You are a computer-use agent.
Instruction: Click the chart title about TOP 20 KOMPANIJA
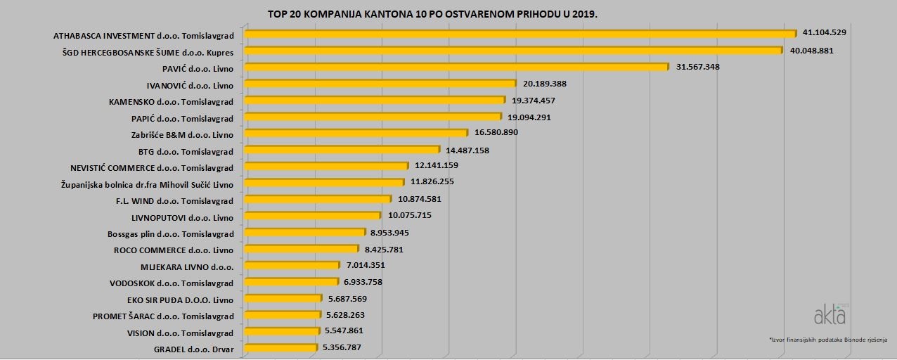[x=427, y=14]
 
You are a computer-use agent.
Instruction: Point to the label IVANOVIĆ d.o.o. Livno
[x=190, y=85]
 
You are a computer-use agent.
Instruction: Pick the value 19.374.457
[x=538, y=101]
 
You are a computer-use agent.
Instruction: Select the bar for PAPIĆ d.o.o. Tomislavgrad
[x=372, y=117]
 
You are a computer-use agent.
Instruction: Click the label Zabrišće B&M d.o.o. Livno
[x=182, y=134]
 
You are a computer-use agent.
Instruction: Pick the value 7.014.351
[x=366, y=265]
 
